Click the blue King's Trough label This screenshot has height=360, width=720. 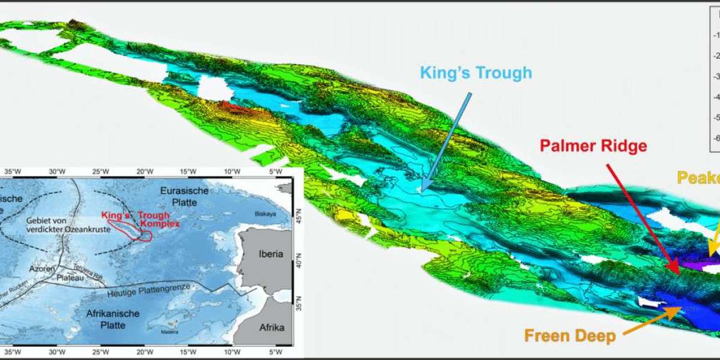point(475,73)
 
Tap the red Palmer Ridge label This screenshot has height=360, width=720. point(593,146)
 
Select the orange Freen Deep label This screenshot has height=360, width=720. point(570,335)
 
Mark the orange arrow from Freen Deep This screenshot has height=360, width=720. point(652,320)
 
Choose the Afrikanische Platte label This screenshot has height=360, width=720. point(113,319)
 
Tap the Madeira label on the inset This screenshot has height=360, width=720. point(169,331)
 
